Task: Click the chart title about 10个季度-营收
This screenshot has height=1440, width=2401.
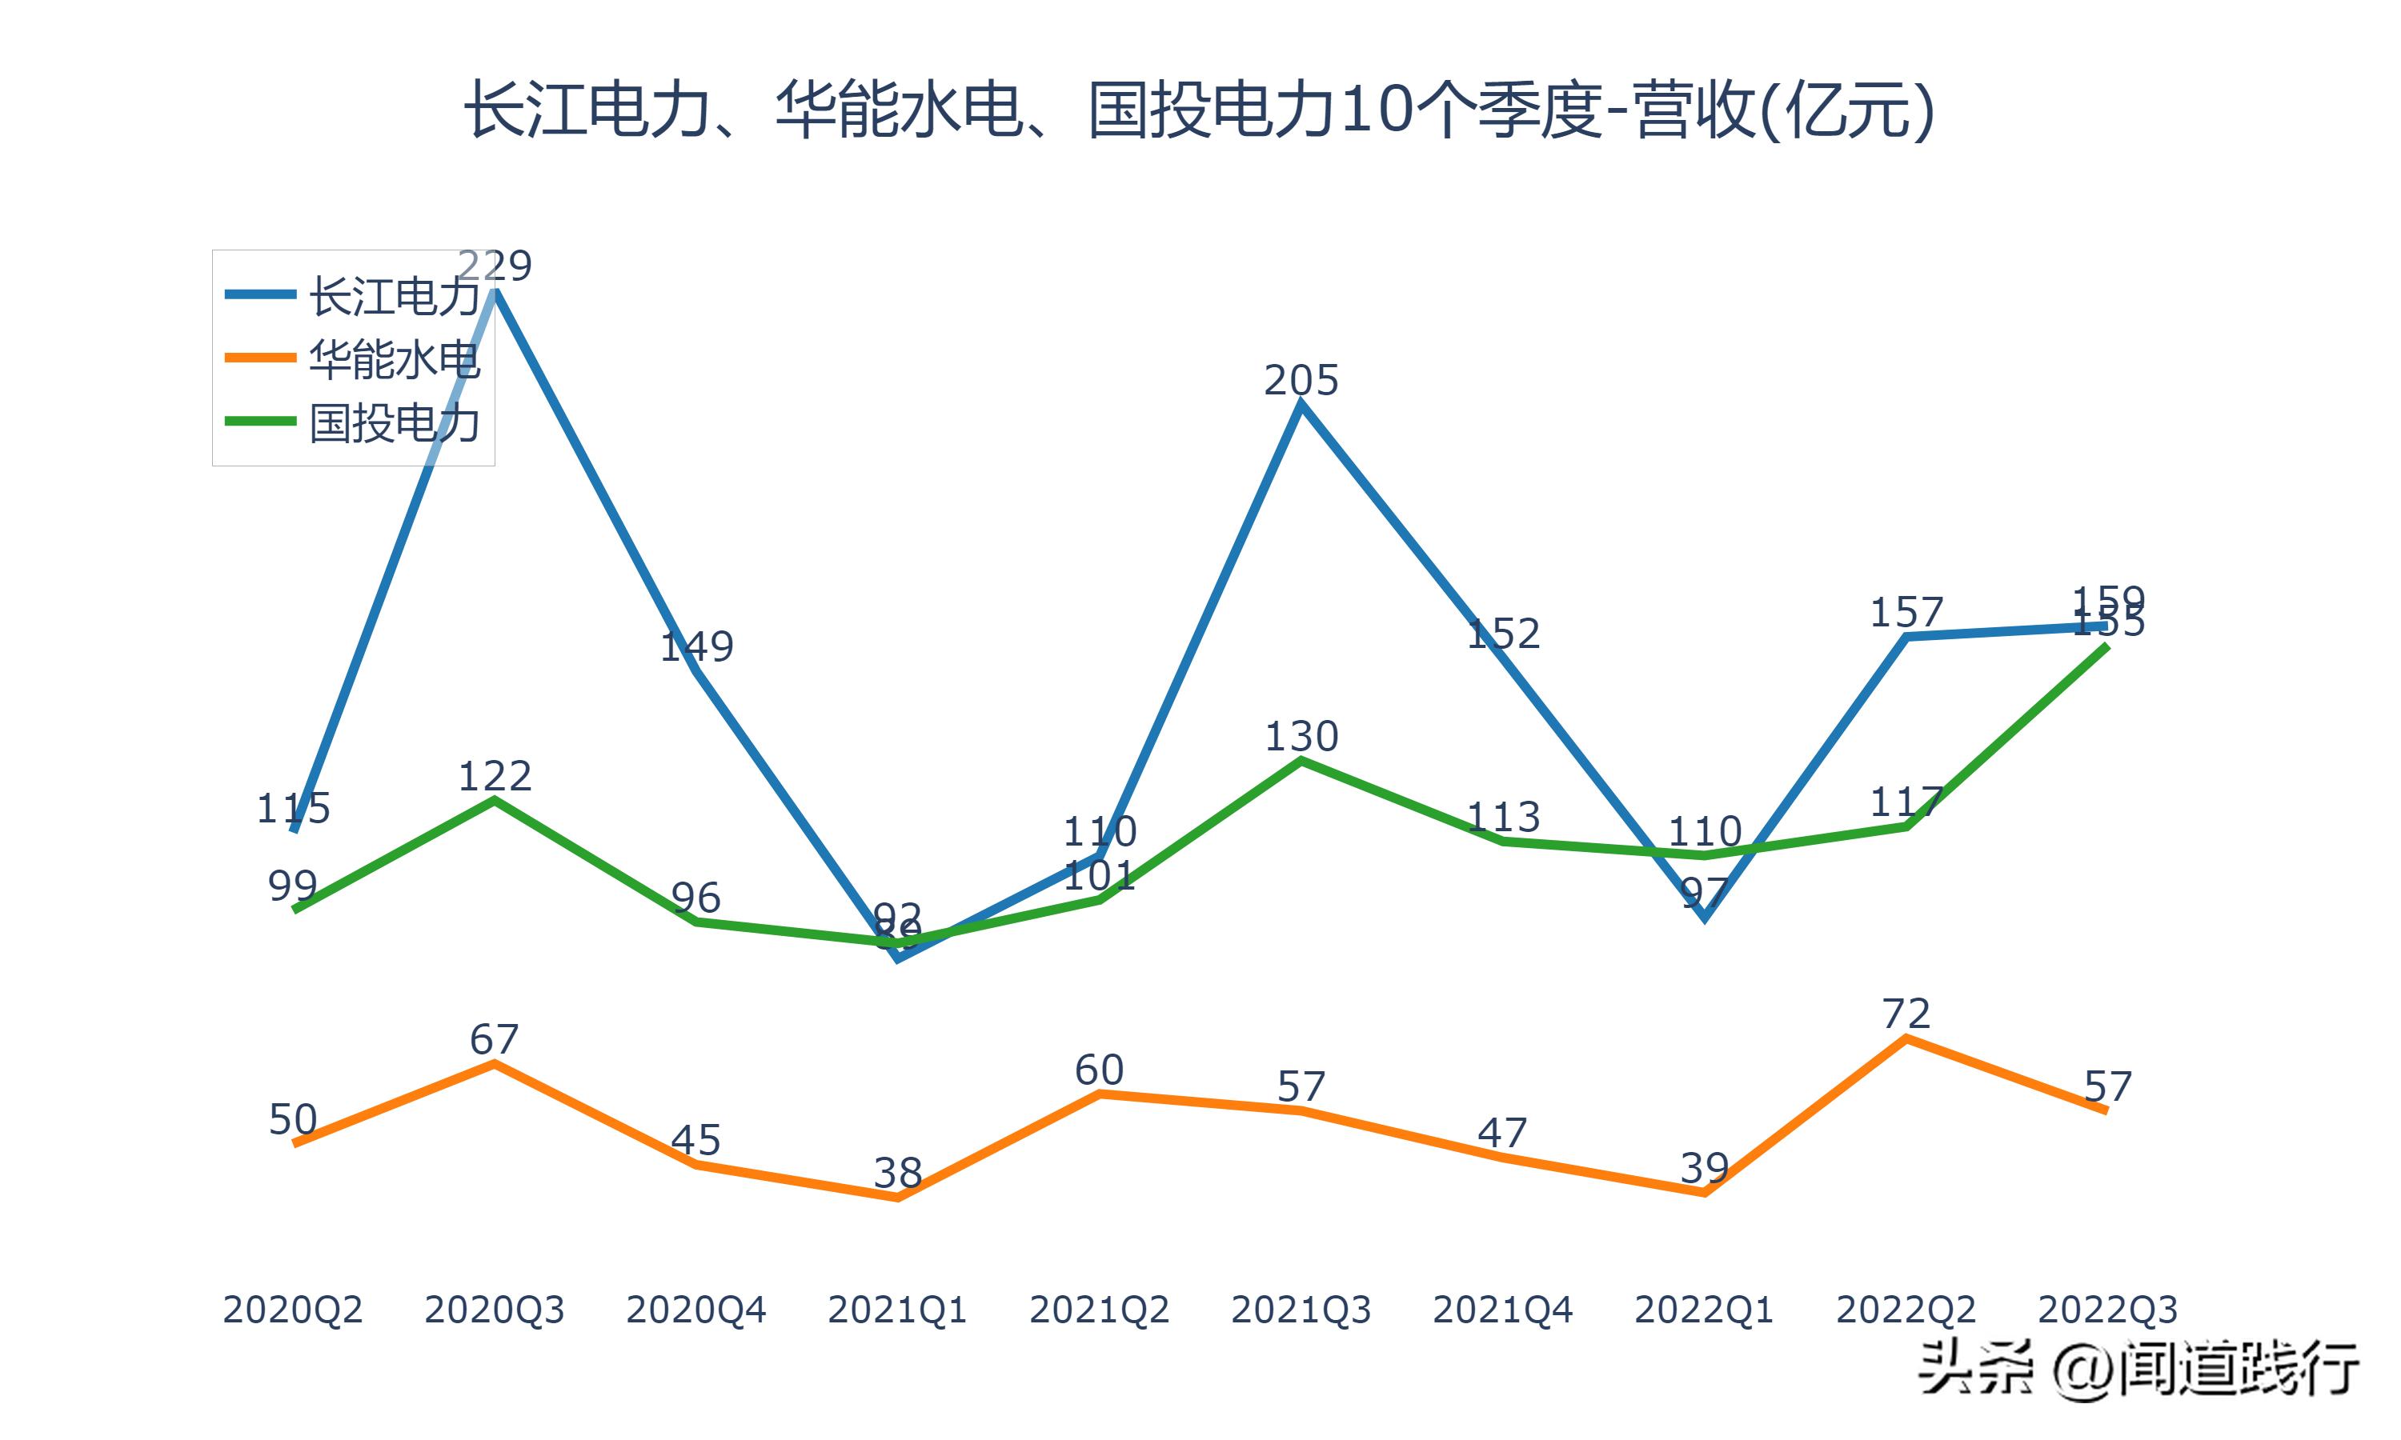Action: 1200,110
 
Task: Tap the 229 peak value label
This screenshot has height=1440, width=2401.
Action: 495,265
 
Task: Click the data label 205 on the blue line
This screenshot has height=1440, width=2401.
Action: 1301,379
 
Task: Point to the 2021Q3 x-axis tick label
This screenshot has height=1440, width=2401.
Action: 1301,1310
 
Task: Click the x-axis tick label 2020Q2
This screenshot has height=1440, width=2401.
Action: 292,1310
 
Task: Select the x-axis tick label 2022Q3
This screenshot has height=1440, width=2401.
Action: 2107,1310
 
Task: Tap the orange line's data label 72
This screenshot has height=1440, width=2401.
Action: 1906,1014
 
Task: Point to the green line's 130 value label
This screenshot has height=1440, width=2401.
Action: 1301,737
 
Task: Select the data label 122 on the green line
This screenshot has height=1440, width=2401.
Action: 495,776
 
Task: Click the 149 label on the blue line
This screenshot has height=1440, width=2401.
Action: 695,646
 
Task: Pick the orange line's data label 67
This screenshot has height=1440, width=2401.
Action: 495,1040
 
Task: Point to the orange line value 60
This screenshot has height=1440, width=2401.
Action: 1099,1070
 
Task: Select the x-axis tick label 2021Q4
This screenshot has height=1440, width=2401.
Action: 1502,1310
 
